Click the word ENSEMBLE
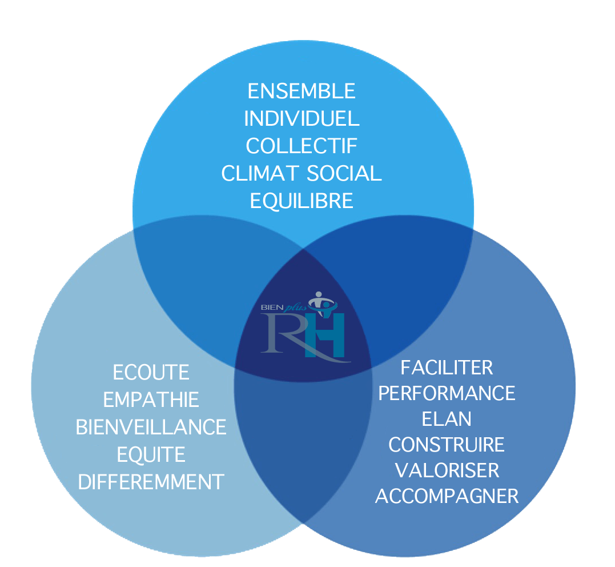[302, 91]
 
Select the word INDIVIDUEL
[302, 119]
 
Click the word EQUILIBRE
[302, 201]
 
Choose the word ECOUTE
[151, 373]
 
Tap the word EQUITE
[151, 455]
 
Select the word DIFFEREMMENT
[151, 482]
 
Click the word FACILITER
[447, 368]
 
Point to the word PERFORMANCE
[447, 393]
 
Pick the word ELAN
[447, 419]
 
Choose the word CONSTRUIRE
[447, 445]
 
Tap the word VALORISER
[447, 470]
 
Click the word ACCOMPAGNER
[447, 496]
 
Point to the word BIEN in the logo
[271, 307]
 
